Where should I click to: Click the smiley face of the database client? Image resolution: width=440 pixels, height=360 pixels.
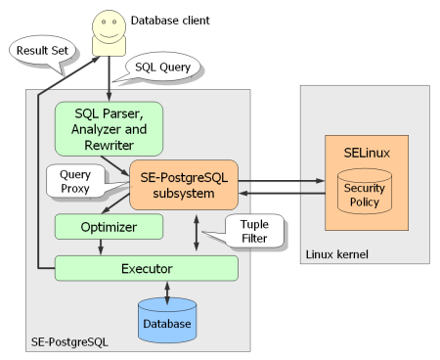(x=109, y=26)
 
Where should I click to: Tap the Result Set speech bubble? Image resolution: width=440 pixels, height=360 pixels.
(x=42, y=51)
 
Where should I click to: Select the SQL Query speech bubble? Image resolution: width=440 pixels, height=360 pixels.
(x=162, y=67)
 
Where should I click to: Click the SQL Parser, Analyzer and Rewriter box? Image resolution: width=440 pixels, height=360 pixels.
(x=109, y=129)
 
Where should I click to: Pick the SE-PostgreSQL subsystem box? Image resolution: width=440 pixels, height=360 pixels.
(x=184, y=185)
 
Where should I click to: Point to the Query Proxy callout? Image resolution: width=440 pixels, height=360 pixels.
(x=76, y=181)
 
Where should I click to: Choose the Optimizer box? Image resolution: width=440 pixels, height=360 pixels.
(x=109, y=227)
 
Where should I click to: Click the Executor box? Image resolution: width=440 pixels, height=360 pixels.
(x=147, y=268)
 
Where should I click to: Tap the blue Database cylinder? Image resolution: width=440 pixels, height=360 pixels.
(x=167, y=320)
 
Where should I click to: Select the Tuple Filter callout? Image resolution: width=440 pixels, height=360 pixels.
(x=254, y=231)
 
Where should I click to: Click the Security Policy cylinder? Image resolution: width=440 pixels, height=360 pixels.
(x=365, y=192)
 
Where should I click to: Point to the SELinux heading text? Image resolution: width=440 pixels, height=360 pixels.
(x=367, y=153)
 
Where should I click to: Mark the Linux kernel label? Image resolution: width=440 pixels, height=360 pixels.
(x=337, y=254)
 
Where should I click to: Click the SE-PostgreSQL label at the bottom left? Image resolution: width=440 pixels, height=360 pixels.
(x=69, y=341)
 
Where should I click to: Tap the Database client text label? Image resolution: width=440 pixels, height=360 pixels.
(x=170, y=21)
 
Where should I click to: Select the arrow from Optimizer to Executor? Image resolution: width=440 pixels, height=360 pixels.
(x=101, y=247)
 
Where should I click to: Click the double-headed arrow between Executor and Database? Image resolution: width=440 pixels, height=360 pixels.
(x=167, y=292)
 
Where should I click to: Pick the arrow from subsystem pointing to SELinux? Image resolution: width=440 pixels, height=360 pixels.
(x=282, y=181)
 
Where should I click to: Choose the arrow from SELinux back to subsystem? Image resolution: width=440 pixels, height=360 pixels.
(x=282, y=194)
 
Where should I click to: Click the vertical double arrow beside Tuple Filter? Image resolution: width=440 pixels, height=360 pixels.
(x=197, y=233)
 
